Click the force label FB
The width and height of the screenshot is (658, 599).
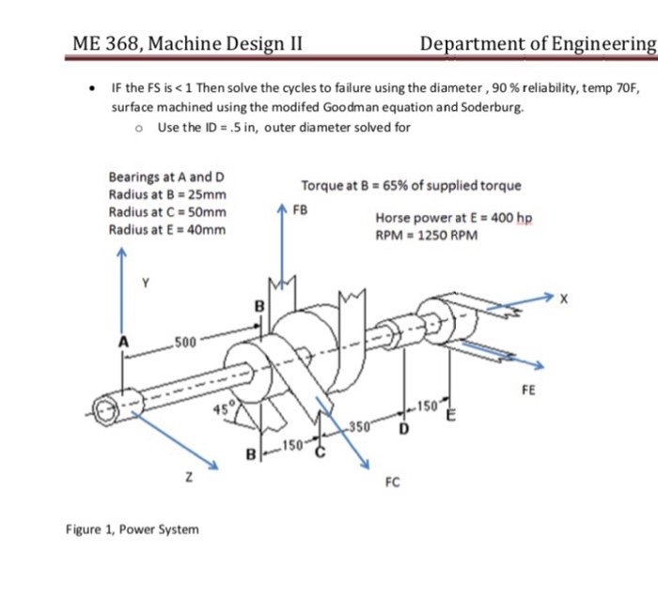(302, 207)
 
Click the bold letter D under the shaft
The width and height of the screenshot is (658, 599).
(404, 429)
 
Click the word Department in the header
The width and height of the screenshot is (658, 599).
(476, 43)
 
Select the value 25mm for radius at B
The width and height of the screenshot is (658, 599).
(204, 194)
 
